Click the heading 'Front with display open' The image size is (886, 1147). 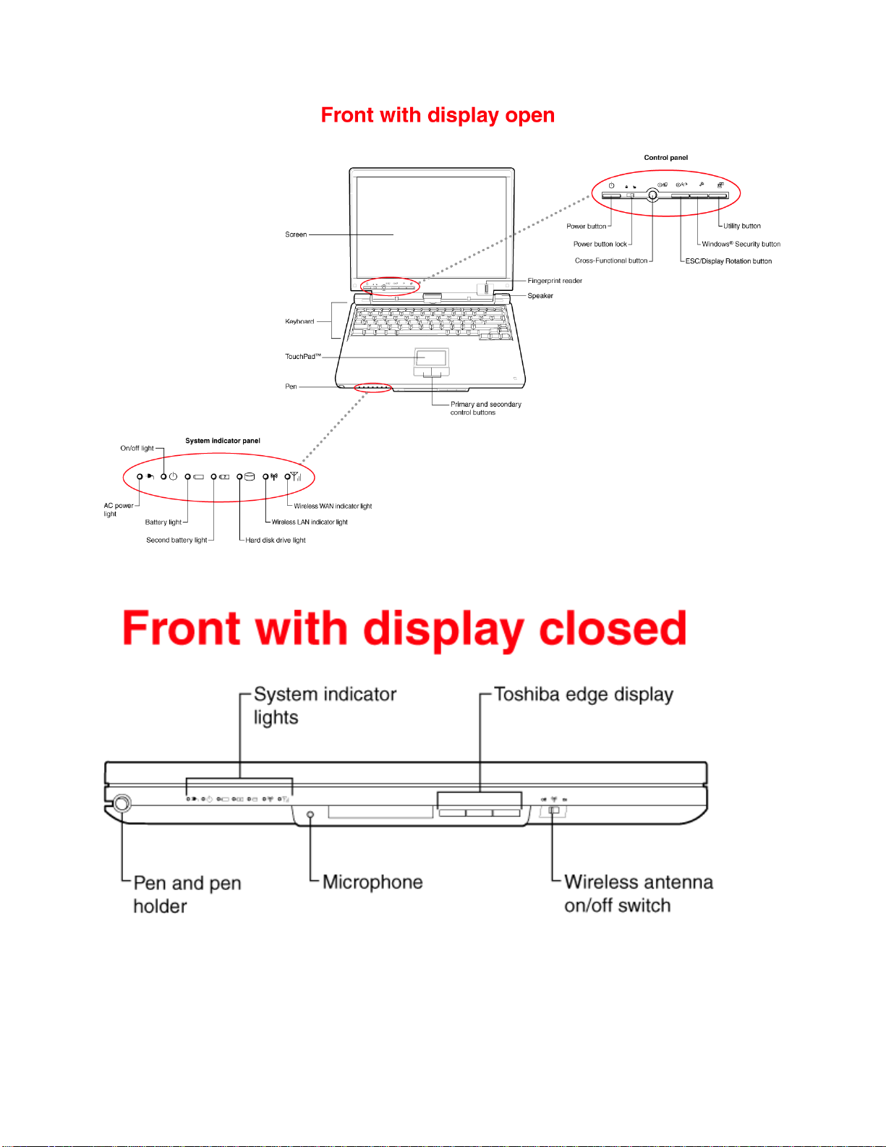click(x=438, y=115)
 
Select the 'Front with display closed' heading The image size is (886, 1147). click(x=404, y=629)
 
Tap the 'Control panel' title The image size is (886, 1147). click(x=665, y=157)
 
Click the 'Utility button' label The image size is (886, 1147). click(x=741, y=226)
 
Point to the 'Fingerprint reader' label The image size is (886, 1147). click(x=555, y=281)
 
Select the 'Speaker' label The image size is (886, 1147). click(x=540, y=295)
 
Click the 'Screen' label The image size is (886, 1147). click(x=296, y=234)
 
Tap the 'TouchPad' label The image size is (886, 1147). click(x=303, y=356)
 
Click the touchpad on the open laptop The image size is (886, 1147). click(x=431, y=357)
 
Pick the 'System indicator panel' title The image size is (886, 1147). click(x=223, y=441)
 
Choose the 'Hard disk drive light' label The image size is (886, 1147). click(x=276, y=540)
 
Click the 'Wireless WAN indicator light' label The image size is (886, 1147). click(x=333, y=507)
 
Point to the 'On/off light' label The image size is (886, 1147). click(x=137, y=448)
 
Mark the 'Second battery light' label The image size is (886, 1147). click(x=176, y=540)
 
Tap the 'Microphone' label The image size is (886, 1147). click(x=373, y=882)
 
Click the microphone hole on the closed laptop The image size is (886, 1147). click(x=310, y=815)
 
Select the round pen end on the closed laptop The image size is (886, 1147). click(x=122, y=803)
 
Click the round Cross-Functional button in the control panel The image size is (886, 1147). click(x=652, y=195)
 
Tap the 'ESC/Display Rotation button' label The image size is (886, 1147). click(x=728, y=261)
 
